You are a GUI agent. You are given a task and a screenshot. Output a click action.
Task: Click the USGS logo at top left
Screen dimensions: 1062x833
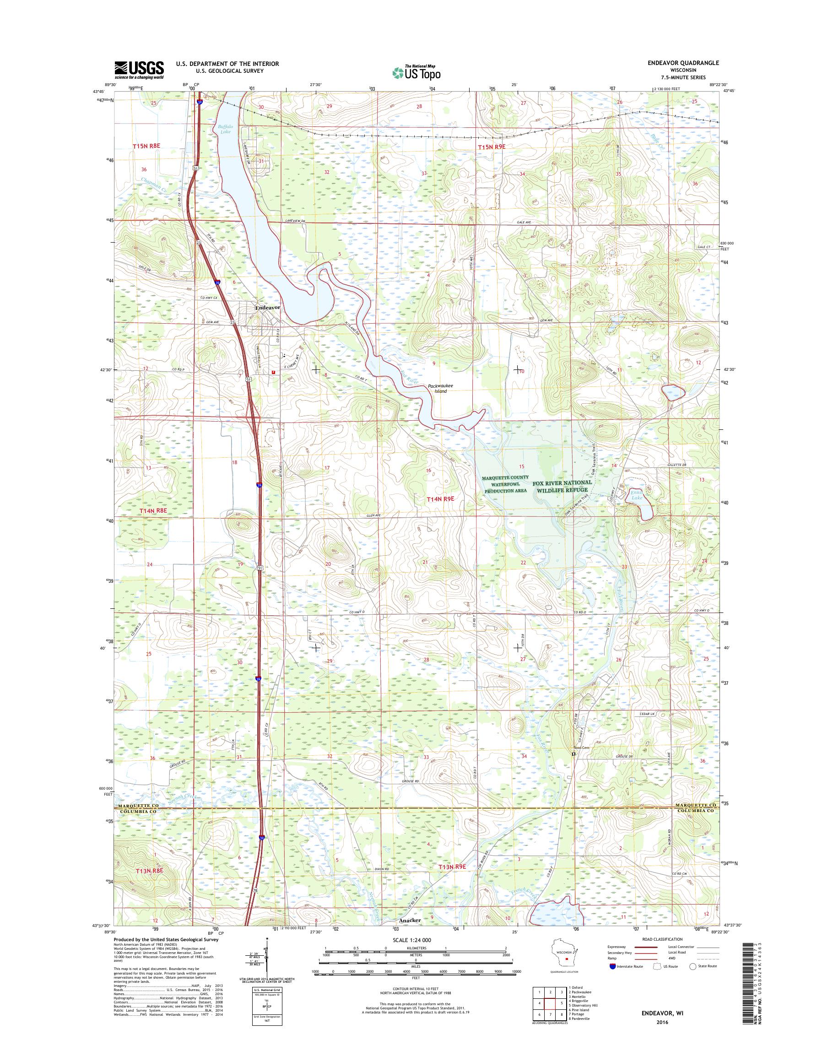(139, 70)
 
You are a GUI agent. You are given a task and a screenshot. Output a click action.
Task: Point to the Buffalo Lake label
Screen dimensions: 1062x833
(225, 129)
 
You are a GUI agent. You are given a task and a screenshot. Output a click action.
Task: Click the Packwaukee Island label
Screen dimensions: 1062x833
(440, 388)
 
